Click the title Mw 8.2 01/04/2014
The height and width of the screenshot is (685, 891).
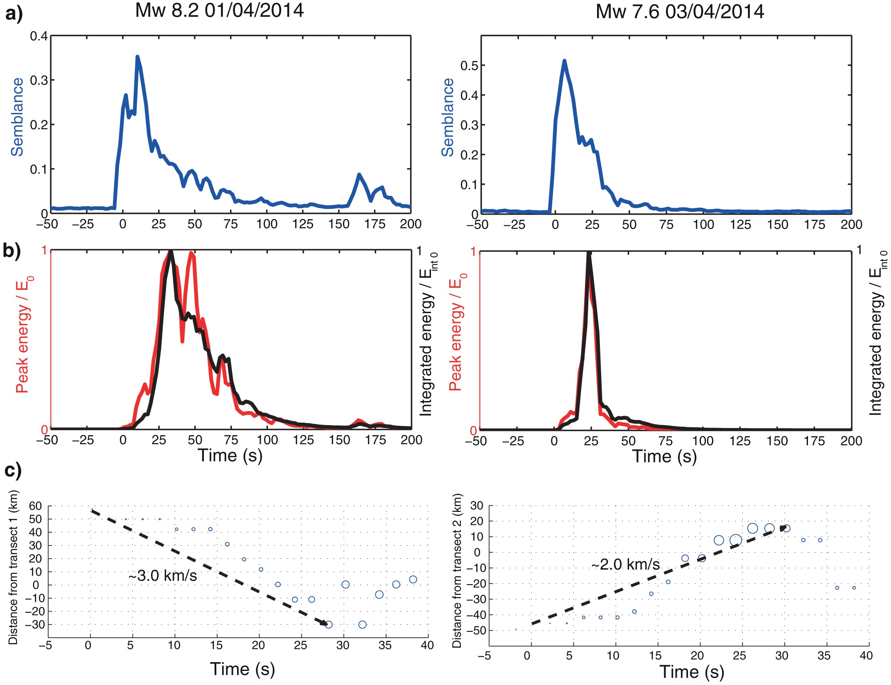(x=219, y=11)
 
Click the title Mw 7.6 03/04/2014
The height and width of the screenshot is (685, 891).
(x=680, y=12)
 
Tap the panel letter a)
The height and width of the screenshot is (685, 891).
(x=13, y=14)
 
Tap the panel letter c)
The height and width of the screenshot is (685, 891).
(x=12, y=471)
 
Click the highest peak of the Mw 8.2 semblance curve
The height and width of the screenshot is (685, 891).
(x=137, y=57)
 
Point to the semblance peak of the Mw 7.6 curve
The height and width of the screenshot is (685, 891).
(x=564, y=61)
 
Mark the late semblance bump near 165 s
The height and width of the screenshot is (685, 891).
(x=359, y=175)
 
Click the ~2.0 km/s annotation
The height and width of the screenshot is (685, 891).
(x=625, y=564)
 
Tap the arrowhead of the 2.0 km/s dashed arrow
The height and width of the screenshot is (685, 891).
(x=783, y=528)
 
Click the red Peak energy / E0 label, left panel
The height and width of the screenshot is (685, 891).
(x=24, y=335)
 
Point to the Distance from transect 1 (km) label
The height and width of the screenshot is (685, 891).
(x=13, y=567)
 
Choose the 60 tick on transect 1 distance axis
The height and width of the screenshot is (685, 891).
(x=35, y=506)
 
